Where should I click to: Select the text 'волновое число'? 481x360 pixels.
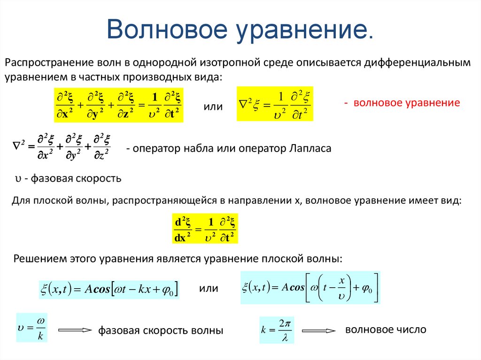pyautogui.click(x=385, y=329)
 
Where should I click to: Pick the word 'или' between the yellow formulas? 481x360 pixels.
pyautogui.click(x=212, y=107)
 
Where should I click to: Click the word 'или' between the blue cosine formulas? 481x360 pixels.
pyautogui.click(x=209, y=288)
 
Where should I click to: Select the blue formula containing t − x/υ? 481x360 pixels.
pyautogui.click(x=310, y=287)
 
